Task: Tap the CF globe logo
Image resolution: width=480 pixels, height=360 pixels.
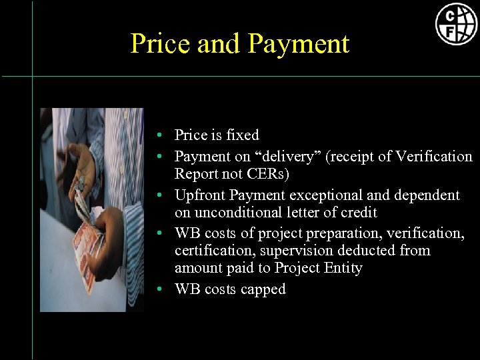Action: pyautogui.click(x=456, y=23)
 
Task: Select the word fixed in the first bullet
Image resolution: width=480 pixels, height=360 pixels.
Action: pyautogui.click(x=243, y=135)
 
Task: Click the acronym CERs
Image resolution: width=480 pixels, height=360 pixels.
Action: pyautogui.click(x=271, y=174)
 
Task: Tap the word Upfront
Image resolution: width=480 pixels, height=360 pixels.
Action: pyautogui.click(x=199, y=195)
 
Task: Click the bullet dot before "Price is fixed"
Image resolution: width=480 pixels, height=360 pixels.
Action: pyautogui.click(x=162, y=135)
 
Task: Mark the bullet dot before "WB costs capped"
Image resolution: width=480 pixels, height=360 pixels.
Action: pyautogui.click(x=162, y=290)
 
